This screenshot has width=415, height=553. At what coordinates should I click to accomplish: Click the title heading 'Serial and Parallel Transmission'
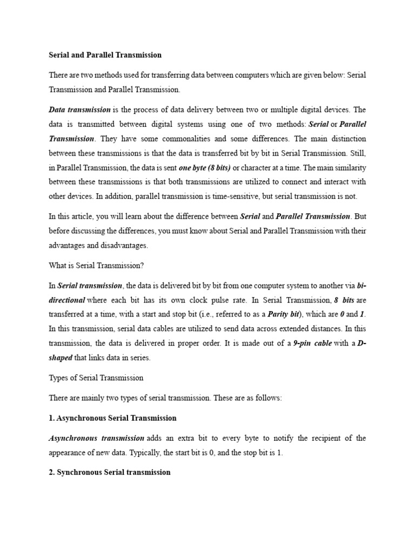pos(105,55)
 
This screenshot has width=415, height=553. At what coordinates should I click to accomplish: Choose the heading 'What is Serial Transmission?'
pos(97,265)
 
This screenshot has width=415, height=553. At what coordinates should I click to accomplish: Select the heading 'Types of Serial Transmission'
pos(96,377)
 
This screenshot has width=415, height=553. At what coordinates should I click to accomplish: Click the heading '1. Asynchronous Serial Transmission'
pos(113,417)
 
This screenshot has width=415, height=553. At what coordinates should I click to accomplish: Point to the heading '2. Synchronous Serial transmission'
pos(110,472)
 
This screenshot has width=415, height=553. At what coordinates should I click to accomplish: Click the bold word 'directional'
pos(67,300)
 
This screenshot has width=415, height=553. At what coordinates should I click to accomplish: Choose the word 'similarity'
pos(350,167)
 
